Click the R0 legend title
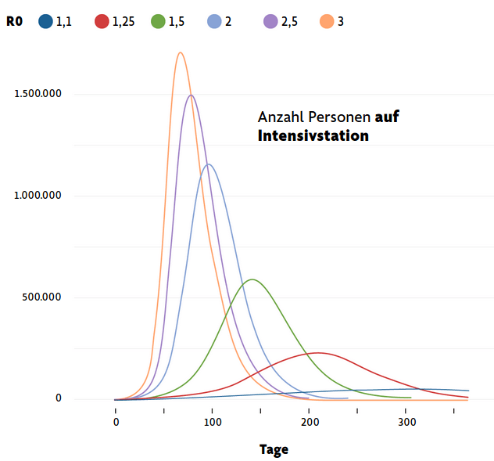[14, 22]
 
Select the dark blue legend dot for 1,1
[45, 22]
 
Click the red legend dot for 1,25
[102, 22]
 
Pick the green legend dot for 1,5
[159, 22]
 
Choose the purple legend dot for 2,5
[270, 22]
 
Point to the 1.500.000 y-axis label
[38, 94]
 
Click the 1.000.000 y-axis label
[38, 196]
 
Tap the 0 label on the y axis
[58, 398]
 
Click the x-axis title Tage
[274, 449]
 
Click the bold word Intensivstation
[313, 135]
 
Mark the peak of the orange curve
[181, 52]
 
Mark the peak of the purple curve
[191, 95]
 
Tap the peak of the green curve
[252, 279]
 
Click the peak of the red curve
[317, 352]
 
